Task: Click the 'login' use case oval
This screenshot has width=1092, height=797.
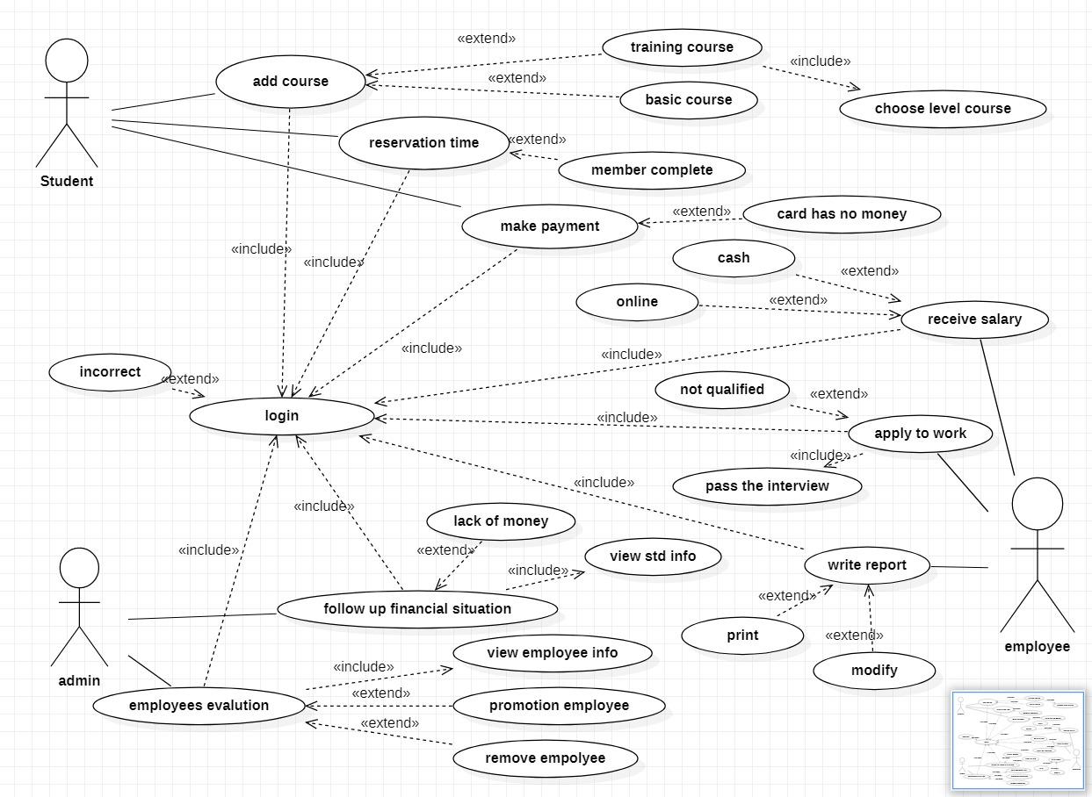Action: click(x=282, y=416)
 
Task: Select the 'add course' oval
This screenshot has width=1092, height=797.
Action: click(x=290, y=82)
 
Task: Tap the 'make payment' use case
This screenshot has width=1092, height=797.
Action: click(x=550, y=226)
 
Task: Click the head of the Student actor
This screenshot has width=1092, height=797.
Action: click(x=67, y=61)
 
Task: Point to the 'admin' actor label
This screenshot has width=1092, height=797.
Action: click(x=79, y=680)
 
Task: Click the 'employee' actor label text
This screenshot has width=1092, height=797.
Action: click(x=1037, y=646)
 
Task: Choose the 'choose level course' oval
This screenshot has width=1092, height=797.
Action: click(x=943, y=109)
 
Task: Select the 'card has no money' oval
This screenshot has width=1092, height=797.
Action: click(x=841, y=214)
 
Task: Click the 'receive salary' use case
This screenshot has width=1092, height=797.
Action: click(x=974, y=320)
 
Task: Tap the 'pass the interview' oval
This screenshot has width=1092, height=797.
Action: click(x=767, y=486)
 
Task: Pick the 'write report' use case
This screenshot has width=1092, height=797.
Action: click(x=866, y=565)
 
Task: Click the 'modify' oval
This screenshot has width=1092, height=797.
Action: click(x=874, y=671)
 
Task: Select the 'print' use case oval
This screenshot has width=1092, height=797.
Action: click(x=742, y=635)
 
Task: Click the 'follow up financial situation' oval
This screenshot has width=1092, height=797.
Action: click(x=417, y=609)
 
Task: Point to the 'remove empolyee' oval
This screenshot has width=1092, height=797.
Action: click(x=546, y=758)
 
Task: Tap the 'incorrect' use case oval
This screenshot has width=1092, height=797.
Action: click(x=110, y=372)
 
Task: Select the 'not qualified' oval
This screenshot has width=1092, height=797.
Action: click(x=722, y=390)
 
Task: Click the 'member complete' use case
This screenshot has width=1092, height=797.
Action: click(x=652, y=170)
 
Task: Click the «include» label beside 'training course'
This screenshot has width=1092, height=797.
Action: click(x=820, y=61)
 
